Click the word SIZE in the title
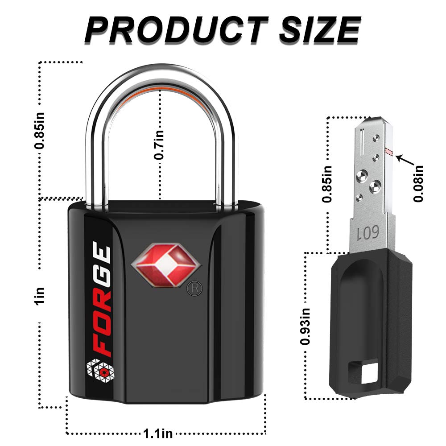coord(320,29)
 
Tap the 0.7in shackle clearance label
coord(159,145)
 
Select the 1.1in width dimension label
coord(158,434)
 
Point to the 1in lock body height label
coord(40,296)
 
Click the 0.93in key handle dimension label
coord(305,326)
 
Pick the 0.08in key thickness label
coord(418,184)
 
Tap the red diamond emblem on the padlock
coord(166,265)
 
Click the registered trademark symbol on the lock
coord(194,289)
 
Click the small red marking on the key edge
coord(388,152)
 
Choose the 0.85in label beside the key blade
coord(327,184)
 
